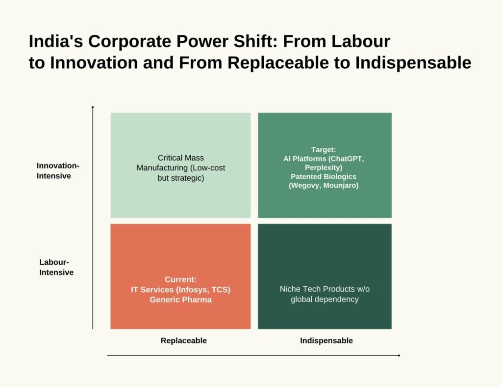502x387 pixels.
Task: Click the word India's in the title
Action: [56, 41]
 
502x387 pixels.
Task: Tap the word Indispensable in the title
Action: [413, 62]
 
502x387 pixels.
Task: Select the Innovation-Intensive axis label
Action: [58, 170]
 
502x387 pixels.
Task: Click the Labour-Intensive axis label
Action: [56, 267]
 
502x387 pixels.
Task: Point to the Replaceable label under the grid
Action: [183, 340]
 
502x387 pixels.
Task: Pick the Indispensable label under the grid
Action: [326, 340]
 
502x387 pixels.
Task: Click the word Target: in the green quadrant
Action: [324, 150]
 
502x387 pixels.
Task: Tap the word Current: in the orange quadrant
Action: [180, 279]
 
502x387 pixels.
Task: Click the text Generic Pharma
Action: [180, 300]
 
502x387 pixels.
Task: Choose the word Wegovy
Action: [304, 186]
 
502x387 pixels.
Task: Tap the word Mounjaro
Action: [341, 186]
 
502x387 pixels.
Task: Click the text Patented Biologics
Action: [324, 177]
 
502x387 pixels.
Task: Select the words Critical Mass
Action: [180, 158]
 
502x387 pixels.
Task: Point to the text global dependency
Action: [325, 299]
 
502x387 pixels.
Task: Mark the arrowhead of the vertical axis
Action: [93, 107]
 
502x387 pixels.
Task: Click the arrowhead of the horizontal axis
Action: [399, 355]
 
